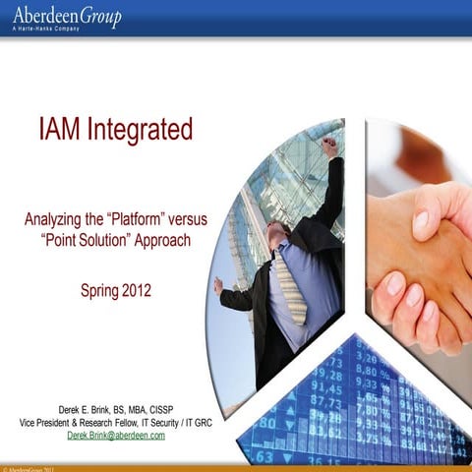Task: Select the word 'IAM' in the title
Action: click(x=61, y=129)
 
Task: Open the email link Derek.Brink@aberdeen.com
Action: click(x=115, y=436)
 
